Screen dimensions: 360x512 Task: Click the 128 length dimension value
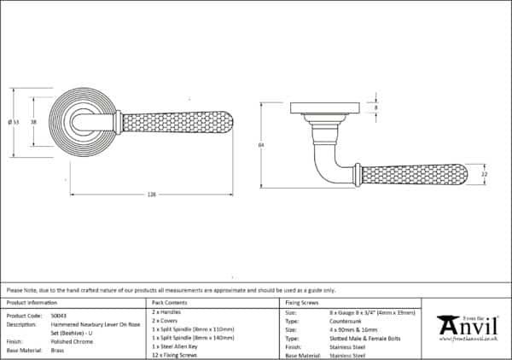pyautogui.click(x=151, y=195)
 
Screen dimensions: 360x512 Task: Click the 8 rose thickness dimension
pyautogui.click(x=375, y=108)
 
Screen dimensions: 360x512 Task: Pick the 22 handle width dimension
pyautogui.click(x=484, y=174)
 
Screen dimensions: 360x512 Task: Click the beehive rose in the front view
pyautogui.click(x=84, y=122)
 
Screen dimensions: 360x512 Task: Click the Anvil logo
pyautogui.click(x=468, y=327)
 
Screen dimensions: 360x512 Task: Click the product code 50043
pyautogui.click(x=61, y=314)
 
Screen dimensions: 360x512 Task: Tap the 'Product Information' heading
pyautogui.click(x=32, y=303)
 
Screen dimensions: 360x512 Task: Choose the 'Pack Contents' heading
pyautogui.click(x=169, y=303)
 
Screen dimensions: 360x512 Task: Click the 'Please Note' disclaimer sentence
pyautogui.click(x=171, y=291)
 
